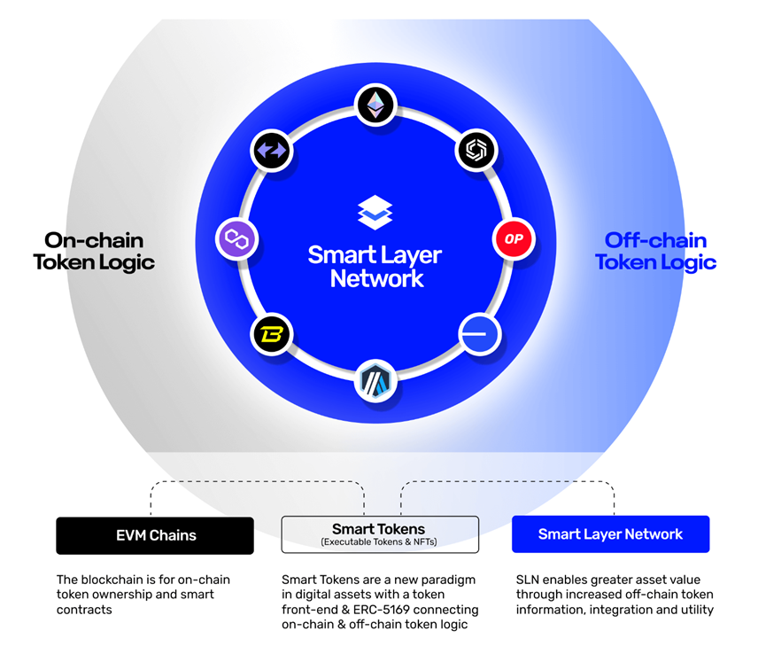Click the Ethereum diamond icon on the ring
click(375, 105)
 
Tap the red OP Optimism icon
click(514, 239)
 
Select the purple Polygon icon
click(236, 239)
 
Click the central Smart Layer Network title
click(375, 267)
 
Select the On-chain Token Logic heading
click(94, 251)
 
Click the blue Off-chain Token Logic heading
click(655, 251)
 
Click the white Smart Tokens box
click(380, 534)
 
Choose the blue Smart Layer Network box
click(610, 534)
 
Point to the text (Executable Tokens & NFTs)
click(380, 541)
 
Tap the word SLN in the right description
click(530, 580)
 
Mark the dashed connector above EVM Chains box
click(257, 483)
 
